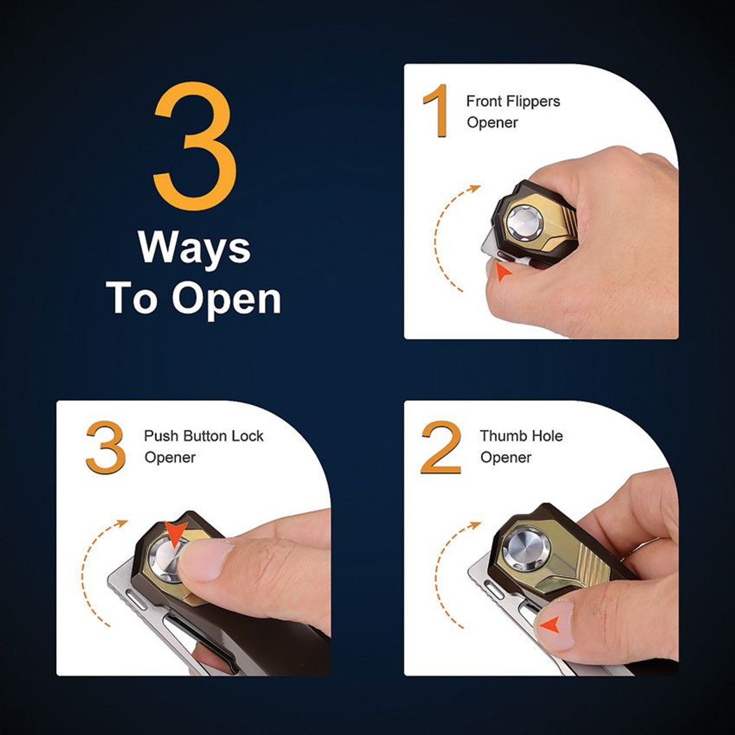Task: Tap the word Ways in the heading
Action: (x=195, y=249)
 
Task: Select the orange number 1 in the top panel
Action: (x=436, y=111)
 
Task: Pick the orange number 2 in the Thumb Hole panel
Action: (x=441, y=447)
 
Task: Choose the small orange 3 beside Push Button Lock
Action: (x=106, y=446)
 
